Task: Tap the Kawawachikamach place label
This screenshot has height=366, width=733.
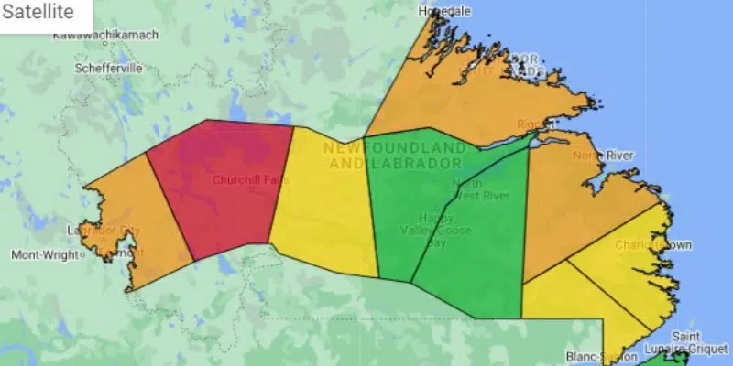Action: click(105, 35)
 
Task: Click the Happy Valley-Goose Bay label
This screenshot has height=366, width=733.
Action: click(432, 230)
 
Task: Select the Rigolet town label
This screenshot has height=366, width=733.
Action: click(532, 124)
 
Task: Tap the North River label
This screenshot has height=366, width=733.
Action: click(604, 156)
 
